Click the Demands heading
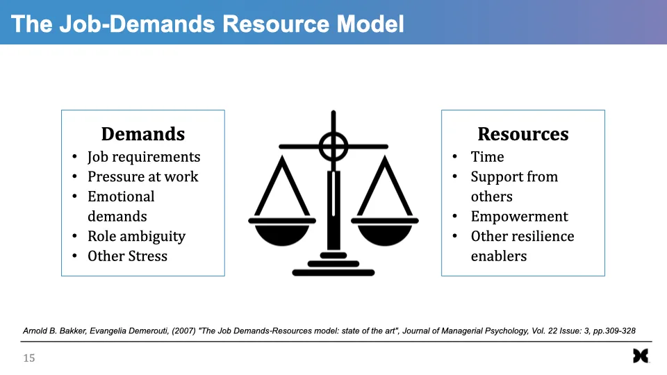click(x=143, y=134)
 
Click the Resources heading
click(x=522, y=134)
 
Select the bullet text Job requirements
click(x=144, y=157)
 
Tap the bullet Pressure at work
click(x=143, y=176)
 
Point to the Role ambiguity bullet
click(x=137, y=236)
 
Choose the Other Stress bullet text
click(x=128, y=256)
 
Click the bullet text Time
click(x=487, y=157)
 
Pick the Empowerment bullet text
click(x=520, y=217)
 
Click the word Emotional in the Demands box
click(x=121, y=197)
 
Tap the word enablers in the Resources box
click(x=499, y=256)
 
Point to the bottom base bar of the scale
click(x=333, y=272)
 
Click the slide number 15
click(x=29, y=358)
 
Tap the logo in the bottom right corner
click(x=641, y=356)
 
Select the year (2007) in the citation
click(x=183, y=331)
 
